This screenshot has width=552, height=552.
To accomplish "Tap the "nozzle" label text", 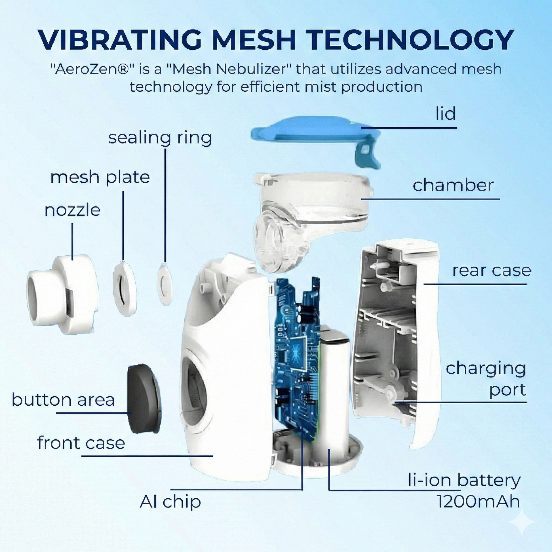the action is click(x=73, y=210).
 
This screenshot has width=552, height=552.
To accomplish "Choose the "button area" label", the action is click(x=63, y=399).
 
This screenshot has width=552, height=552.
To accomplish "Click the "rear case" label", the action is click(x=491, y=270).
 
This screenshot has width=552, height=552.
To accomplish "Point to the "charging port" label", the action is click(x=486, y=379).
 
